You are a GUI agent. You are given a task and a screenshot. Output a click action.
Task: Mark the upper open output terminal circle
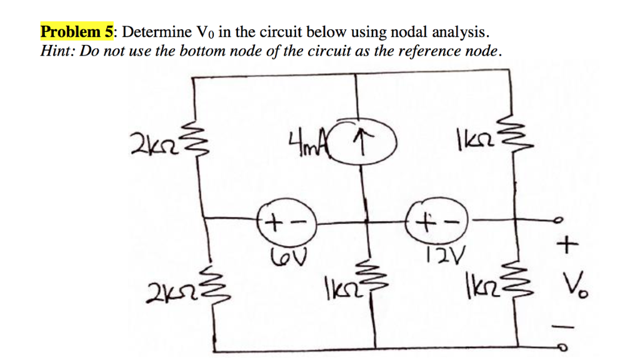click(x=559, y=220)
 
